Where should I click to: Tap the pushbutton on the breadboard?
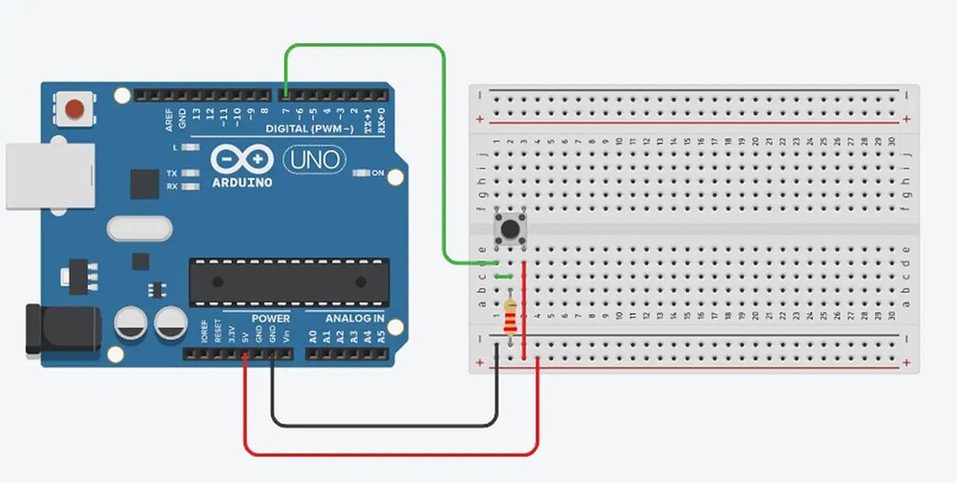509,228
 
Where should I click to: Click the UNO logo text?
313,160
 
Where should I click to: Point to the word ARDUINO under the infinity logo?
241,182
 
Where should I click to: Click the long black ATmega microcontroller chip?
289,281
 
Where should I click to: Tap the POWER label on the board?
270,319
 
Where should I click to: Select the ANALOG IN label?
355,319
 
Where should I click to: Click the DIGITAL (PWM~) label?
309,128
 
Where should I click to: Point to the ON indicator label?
378,174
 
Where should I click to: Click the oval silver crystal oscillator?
140,228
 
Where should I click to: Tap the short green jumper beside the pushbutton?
503,276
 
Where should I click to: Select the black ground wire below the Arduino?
383,426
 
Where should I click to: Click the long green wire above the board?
364,45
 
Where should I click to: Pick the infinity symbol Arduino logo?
241,157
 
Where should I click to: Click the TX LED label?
172,174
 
